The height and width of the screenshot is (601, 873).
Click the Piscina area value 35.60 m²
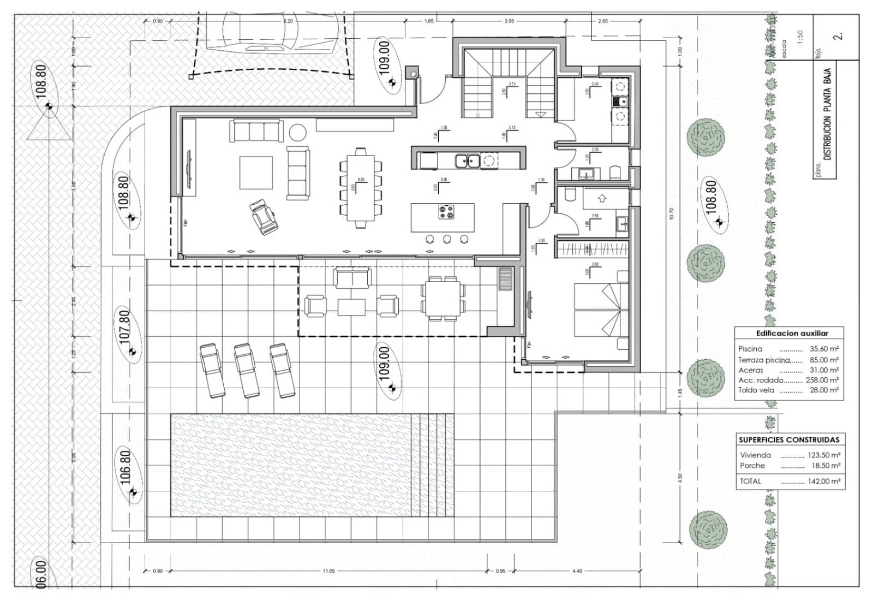[824, 349]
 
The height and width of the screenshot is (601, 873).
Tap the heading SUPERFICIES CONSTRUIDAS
[789, 440]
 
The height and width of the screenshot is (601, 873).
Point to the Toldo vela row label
[756, 390]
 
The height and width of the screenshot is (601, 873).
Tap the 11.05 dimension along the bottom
[328, 571]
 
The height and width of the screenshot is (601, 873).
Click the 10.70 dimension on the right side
[671, 213]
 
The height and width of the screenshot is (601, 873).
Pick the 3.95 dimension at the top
[509, 21]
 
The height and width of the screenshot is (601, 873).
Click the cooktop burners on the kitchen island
[446, 212]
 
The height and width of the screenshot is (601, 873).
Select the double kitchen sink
[468, 160]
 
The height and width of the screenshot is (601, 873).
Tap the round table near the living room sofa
[298, 133]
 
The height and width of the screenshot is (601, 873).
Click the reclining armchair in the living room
[264, 217]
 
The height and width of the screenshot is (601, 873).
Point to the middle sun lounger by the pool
[247, 370]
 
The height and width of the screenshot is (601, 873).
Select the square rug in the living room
[256, 173]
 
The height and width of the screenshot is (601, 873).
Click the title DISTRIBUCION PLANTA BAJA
[828, 115]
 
